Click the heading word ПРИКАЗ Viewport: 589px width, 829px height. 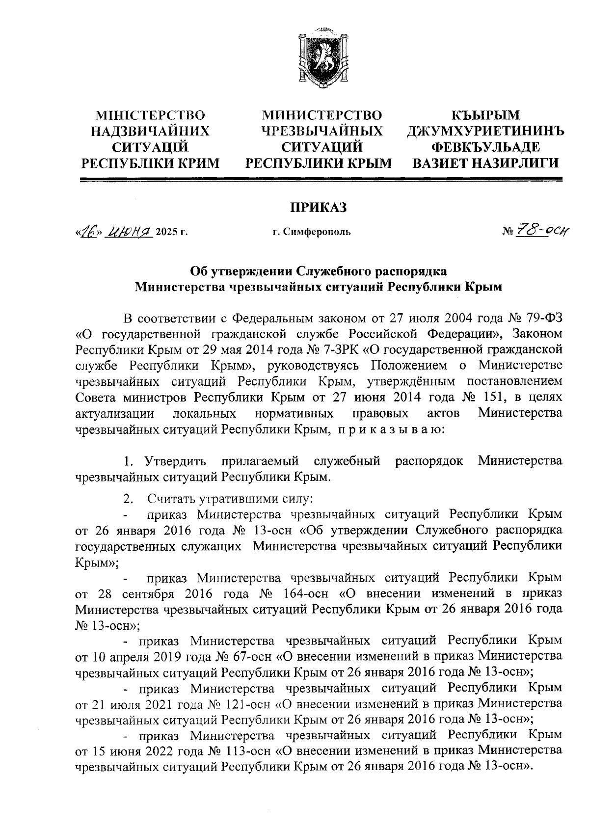point(317,207)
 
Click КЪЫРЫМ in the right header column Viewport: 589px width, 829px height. point(485,115)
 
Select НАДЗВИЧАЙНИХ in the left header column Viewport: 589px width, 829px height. point(151,131)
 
